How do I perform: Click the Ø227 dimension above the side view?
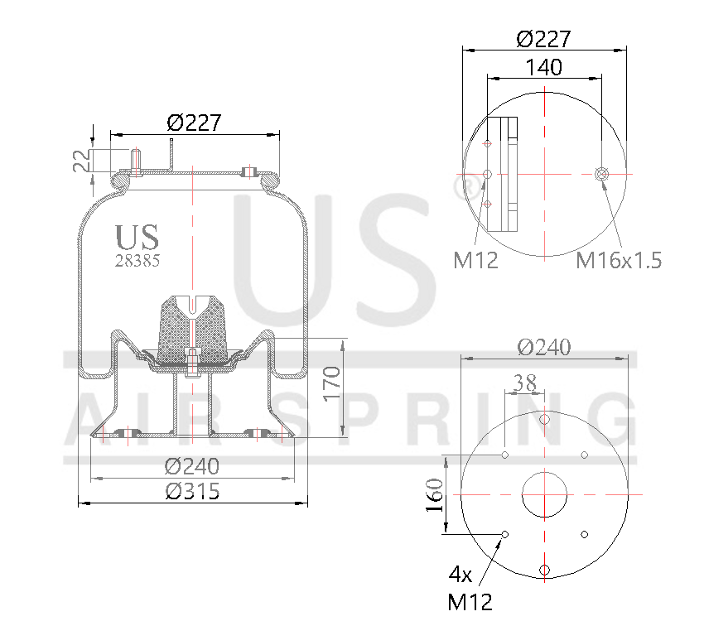(x=194, y=123)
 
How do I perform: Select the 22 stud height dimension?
(x=81, y=160)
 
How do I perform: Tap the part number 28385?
(x=137, y=260)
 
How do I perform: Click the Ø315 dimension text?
(x=192, y=492)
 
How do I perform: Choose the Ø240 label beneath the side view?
(x=192, y=467)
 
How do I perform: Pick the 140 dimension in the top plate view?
(x=543, y=67)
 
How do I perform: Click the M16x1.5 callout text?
(x=619, y=261)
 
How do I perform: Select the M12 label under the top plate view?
(x=475, y=261)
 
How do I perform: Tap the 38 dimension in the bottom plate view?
(x=523, y=383)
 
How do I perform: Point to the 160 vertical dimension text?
(x=434, y=495)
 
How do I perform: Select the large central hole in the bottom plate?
(x=544, y=494)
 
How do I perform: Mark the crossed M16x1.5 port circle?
(x=602, y=174)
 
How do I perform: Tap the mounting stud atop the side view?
(x=136, y=160)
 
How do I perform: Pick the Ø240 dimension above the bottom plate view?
(x=544, y=347)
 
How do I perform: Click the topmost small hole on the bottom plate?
(x=544, y=420)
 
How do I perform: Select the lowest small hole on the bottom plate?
(x=544, y=569)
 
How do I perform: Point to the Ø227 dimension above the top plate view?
(x=543, y=39)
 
